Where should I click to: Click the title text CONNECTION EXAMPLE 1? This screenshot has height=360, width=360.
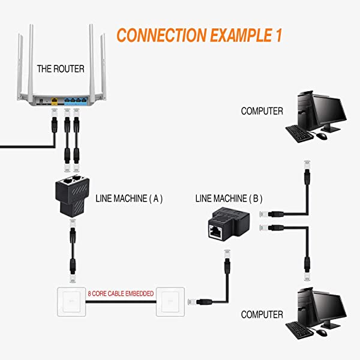click(x=199, y=34)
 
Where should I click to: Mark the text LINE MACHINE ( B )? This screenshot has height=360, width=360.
click(x=229, y=197)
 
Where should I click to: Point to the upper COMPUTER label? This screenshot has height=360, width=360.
click(x=262, y=111)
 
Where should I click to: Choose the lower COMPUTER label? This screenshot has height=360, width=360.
click(x=262, y=314)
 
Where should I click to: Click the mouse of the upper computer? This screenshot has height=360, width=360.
click(x=322, y=136)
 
